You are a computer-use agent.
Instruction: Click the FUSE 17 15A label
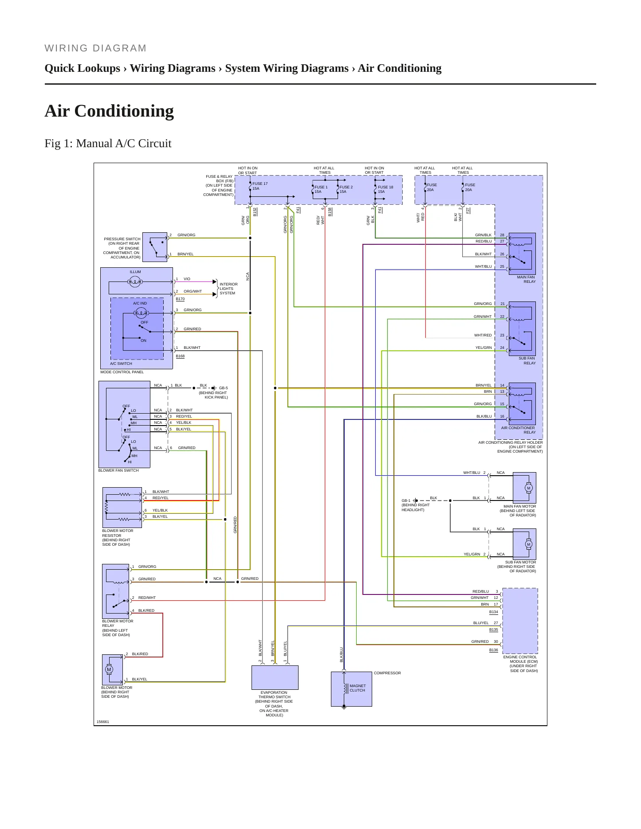tap(260, 186)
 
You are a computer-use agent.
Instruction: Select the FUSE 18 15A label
tap(385, 189)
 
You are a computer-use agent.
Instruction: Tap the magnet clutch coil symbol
tap(345, 688)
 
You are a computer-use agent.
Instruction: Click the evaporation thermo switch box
tap(275, 677)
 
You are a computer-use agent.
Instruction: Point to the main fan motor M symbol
tap(528, 488)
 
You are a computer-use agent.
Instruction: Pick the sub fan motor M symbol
tap(528, 544)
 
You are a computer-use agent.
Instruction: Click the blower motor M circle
tap(109, 669)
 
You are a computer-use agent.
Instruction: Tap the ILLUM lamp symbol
tap(135, 282)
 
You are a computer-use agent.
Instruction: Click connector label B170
tap(180, 299)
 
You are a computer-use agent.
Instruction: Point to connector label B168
tap(180, 356)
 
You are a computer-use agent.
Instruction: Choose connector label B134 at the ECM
tap(494, 612)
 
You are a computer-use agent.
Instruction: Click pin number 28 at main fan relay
tap(502, 235)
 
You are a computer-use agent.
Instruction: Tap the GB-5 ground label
tap(224, 388)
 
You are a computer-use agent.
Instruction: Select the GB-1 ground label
tap(406, 501)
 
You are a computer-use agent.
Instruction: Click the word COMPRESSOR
tap(387, 673)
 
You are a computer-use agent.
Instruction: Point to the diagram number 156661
tap(103, 722)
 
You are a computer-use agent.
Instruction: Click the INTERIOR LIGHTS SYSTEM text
tap(228, 289)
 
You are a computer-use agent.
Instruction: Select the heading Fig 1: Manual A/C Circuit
tap(108, 143)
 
